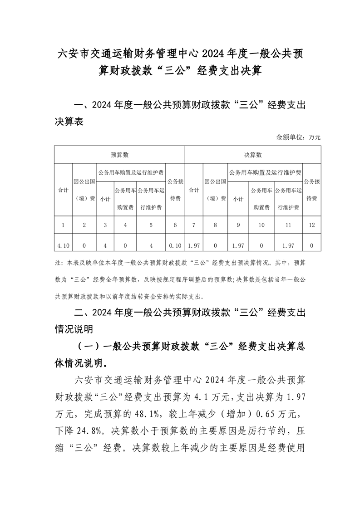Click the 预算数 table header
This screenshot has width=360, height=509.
point(120,155)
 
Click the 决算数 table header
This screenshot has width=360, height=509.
point(253,155)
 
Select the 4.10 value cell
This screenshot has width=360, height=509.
point(63,245)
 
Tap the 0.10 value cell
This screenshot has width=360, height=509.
point(175,245)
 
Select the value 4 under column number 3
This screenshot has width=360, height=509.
point(105,245)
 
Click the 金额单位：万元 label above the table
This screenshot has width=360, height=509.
point(298,137)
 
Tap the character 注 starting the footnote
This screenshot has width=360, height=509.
point(57,262)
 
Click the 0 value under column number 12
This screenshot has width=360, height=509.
point(311,245)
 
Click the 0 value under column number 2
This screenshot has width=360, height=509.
point(84,245)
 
